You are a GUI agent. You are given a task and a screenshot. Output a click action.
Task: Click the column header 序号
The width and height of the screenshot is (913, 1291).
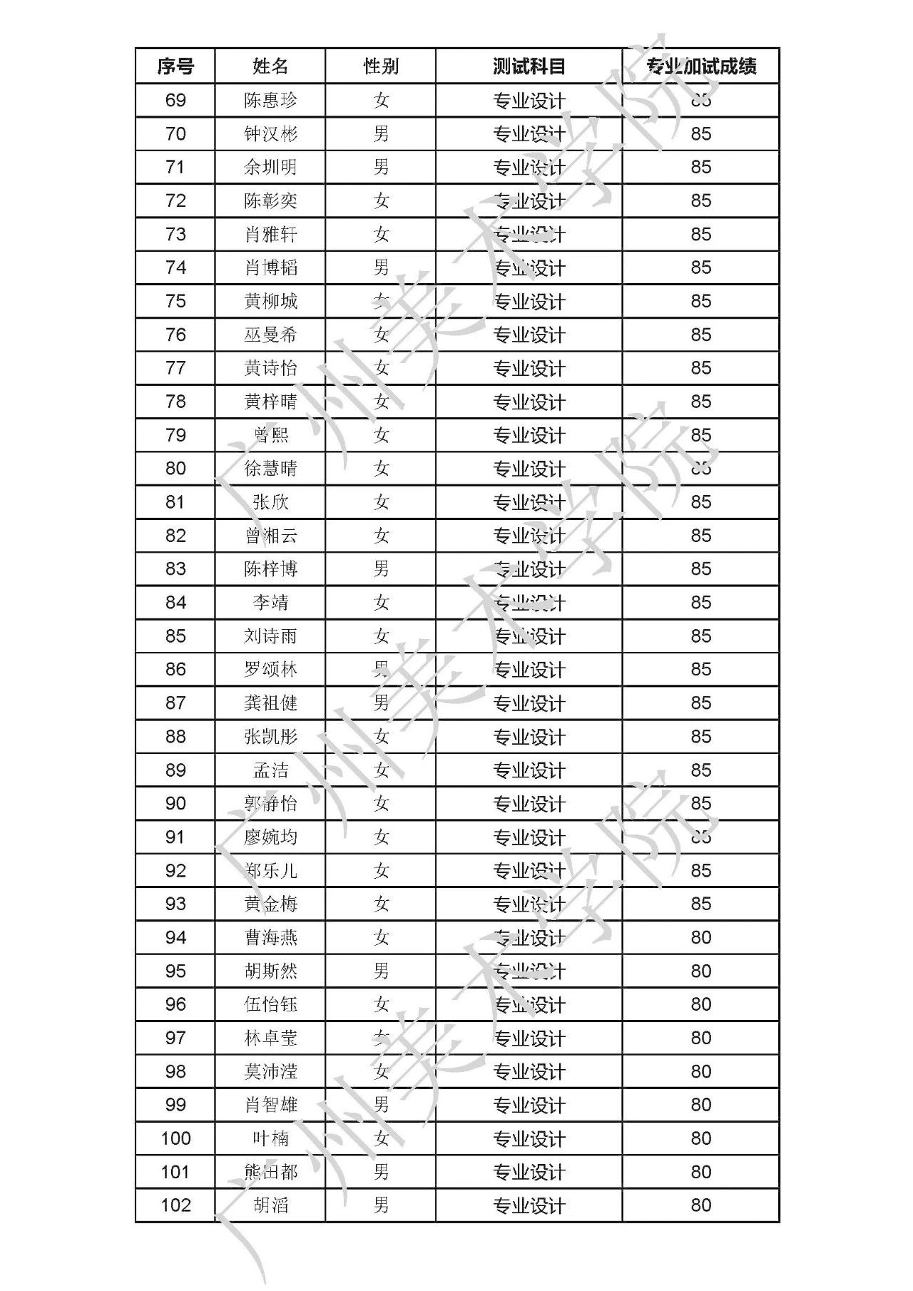[175, 66]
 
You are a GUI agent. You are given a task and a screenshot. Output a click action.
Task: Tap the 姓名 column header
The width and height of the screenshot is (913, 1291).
[270, 66]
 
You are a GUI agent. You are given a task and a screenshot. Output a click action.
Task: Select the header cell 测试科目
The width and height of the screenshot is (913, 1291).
[529, 66]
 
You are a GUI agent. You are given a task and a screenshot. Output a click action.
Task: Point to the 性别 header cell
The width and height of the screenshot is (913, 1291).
[381, 66]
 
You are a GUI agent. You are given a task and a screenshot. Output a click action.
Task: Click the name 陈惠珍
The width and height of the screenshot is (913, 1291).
[270, 101]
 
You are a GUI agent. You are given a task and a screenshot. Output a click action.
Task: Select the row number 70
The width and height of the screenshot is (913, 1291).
[175, 134]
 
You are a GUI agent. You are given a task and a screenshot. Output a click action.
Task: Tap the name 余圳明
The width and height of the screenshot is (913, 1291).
[270, 168]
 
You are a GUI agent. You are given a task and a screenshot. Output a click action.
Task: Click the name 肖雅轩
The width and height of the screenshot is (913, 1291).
[270, 235]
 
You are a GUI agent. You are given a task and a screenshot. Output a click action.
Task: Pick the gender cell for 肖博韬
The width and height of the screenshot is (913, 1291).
[381, 267]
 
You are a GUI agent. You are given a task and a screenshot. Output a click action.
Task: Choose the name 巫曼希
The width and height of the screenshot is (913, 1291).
[270, 335]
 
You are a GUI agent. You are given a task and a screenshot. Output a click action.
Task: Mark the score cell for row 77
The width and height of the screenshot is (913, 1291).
[700, 368]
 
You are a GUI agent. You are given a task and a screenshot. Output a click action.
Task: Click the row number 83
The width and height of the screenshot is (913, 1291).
[175, 569]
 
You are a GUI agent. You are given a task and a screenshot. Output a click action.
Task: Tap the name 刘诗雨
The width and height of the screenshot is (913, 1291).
[270, 636]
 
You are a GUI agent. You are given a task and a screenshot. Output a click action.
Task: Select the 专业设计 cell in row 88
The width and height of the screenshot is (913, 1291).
[529, 737]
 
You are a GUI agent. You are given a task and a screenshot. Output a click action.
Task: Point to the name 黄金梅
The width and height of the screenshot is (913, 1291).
[270, 904]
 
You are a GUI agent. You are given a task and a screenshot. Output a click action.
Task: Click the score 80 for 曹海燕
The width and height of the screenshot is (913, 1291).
[700, 938]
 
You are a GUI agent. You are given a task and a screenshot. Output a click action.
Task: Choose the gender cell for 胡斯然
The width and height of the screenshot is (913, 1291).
[381, 971]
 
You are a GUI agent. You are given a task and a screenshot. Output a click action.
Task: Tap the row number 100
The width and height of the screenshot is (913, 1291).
[175, 1138]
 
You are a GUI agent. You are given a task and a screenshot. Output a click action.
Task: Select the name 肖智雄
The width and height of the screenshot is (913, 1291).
[270, 1105]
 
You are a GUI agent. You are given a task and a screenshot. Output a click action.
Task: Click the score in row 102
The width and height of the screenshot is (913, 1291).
[700, 1205]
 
